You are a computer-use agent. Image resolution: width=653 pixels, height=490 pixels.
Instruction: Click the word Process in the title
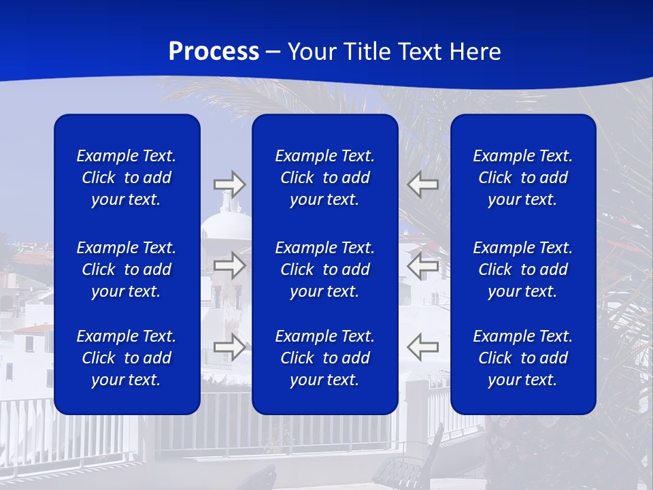pos(214,52)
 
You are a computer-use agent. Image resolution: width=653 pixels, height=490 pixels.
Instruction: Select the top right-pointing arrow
pos(229,184)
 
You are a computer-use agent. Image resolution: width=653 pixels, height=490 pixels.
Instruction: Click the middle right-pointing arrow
pos(229,265)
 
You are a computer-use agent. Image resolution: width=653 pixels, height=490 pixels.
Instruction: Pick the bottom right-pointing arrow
pos(229,347)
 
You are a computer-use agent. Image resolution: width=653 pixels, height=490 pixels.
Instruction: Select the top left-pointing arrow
pos(423,184)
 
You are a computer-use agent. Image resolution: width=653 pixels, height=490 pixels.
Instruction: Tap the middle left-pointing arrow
pos(423,265)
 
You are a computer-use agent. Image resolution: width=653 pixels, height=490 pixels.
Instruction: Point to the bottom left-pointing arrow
pos(423,347)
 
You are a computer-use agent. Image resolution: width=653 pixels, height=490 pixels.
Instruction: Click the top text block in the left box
pos(127,178)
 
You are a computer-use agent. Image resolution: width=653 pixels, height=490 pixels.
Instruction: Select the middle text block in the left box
pos(127,269)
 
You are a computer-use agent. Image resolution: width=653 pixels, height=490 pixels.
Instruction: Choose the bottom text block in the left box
pos(127,358)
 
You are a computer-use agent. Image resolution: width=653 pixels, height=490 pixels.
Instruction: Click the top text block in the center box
pos(325,178)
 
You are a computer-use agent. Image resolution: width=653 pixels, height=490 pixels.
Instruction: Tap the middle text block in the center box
pos(325,269)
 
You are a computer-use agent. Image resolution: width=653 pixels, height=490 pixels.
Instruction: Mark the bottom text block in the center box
pos(325,358)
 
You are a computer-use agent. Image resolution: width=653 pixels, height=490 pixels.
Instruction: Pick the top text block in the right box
pos(523,178)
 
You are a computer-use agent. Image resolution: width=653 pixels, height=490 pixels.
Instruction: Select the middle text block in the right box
pos(523,269)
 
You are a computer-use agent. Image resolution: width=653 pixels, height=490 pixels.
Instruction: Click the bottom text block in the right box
pos(523,358)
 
